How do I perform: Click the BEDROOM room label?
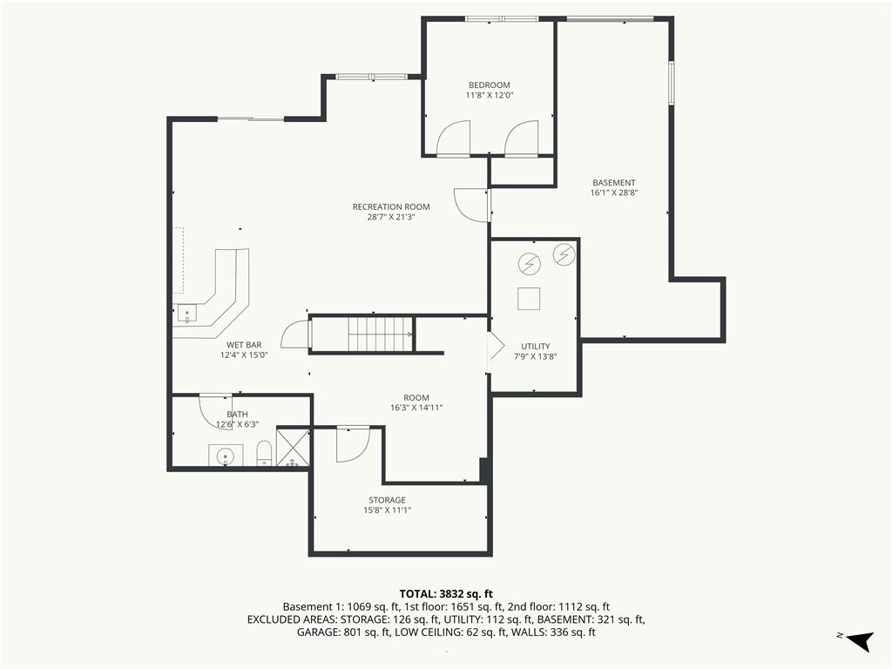[490, 85]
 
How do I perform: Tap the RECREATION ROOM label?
[391, 207]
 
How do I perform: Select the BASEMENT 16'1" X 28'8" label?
[614, 188]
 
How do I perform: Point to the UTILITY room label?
[536, 347]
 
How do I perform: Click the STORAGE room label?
[387, 500]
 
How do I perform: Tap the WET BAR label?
[244, 345]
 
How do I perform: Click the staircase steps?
[380, 334]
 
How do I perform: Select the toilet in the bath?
[264, 453]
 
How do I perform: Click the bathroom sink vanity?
[226, 455]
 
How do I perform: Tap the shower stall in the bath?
[293, 447]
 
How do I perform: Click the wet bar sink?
[186, 313]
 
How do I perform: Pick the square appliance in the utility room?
[529, 299]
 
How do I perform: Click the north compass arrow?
[860, 640]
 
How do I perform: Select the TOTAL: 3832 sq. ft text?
[446, 595]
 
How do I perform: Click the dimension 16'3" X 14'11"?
[416, 408]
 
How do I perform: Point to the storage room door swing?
[354, 444]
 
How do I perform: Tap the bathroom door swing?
[215, 411]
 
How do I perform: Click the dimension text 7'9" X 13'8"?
[536, 356]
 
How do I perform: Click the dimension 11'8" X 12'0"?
[490, 96]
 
